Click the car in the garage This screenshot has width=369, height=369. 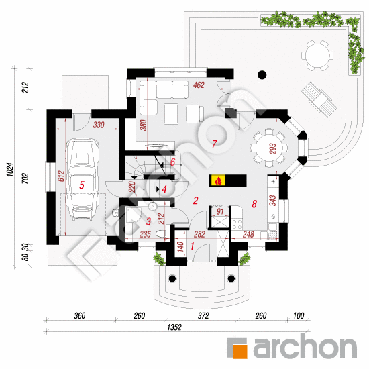pos(82,179)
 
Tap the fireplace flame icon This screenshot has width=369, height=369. pos(218,180)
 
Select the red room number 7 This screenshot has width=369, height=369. pos(214,144)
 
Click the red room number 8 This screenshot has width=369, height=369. pos(254,204)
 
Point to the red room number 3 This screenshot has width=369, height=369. pos(148,221)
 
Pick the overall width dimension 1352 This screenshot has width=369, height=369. pos(174,327)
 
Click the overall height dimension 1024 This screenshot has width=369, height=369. pos(10,170)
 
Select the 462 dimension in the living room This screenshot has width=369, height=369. pos(199,85)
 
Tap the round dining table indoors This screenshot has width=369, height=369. pos(268,148)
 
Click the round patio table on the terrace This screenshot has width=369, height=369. pos(317,56)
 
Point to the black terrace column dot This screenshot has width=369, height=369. pos(262,75)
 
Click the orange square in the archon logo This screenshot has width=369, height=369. pos(240,351)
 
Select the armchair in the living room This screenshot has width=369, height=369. pos(195,114)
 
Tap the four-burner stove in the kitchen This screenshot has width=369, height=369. pos(237,224)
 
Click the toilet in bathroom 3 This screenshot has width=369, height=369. pos(161,234)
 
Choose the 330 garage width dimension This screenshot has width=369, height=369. pos(99,125)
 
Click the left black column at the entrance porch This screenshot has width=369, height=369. pos(172,278)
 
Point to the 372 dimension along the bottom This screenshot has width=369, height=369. pos(203,315)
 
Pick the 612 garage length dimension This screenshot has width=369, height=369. pos(61,176)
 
